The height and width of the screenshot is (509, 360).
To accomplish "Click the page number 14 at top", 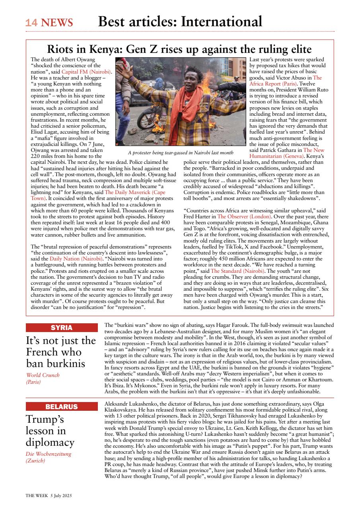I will (31, 23).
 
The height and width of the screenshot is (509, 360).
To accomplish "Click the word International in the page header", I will (222, 21).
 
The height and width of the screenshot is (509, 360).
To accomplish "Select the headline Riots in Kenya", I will (179, 49).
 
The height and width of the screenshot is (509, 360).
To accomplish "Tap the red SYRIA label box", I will (62, 328).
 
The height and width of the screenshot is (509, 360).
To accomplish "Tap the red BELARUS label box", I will (62, 406).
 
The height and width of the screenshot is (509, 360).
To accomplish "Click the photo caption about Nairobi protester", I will (181, 153).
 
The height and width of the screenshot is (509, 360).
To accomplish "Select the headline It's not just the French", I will (61, 352).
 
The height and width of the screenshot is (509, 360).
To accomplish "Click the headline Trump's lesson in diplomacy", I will (50, 431).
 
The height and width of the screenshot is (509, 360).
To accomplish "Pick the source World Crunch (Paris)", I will (43, 378).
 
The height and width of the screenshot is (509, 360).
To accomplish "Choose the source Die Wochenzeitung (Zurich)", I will (48, 457).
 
